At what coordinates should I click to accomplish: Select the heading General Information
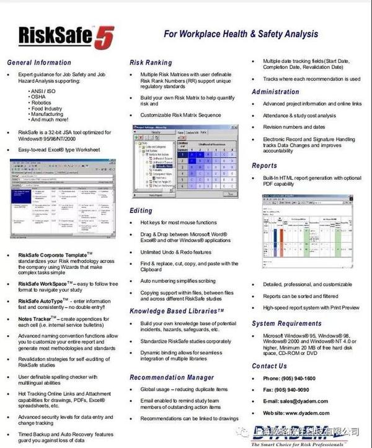click(x=39, y=63)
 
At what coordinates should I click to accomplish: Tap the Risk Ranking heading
click(x=151, y=63)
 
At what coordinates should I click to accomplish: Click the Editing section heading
click(x=141, y=211)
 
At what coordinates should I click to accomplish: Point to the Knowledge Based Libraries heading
click(x=177, y=310)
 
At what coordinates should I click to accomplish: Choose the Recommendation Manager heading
click(x=172, y=377)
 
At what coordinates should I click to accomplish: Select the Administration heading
click(x=275, y=92)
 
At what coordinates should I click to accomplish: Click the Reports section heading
click(x=264, y=166)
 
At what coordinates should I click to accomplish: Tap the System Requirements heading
click(x=286, y=323)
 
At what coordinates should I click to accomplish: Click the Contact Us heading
click(x=269, y=366)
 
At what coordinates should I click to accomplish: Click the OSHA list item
click(x=38, y=97)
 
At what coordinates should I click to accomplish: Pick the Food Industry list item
click(x=46, y=109)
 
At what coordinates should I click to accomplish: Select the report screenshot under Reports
click(x=307, y=223)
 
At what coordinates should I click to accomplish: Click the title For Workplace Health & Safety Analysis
click(x=241, y=34)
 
